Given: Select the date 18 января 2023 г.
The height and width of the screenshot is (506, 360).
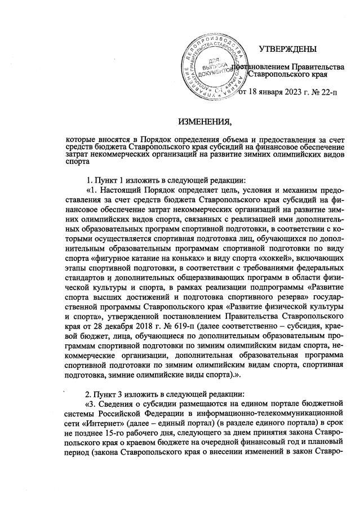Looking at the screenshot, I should tap(279, 92).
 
